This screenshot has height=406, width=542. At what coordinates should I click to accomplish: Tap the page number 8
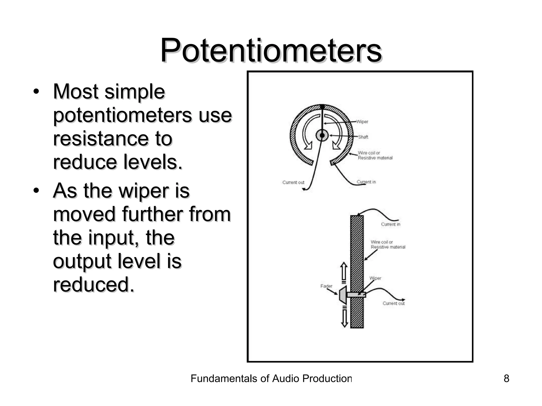click(x=506, y=379)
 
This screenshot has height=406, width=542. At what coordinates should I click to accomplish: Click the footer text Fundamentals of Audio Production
click(x=271, y=379)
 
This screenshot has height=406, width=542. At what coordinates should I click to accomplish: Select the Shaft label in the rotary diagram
click(x=363, y=137)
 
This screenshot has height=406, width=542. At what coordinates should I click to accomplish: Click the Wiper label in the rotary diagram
click(x=362, y=122)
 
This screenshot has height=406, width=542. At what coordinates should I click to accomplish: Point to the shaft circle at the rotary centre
click(x=322, y=135)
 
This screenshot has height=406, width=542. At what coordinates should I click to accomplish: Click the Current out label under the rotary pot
click(x=293, y=182)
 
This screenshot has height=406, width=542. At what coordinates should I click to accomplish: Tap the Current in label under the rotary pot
click(x=366, y=182)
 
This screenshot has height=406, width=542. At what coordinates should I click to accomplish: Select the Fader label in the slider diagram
click(x=326, y=286)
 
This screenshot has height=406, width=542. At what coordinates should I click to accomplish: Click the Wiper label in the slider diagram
click(x=375, y=278)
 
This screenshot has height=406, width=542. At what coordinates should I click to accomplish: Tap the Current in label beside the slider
click(x=391, y=224)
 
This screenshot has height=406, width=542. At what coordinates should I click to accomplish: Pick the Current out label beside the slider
click(x=394, y=303)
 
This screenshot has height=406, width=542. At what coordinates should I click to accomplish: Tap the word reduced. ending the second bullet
click(x=93, y=284)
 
